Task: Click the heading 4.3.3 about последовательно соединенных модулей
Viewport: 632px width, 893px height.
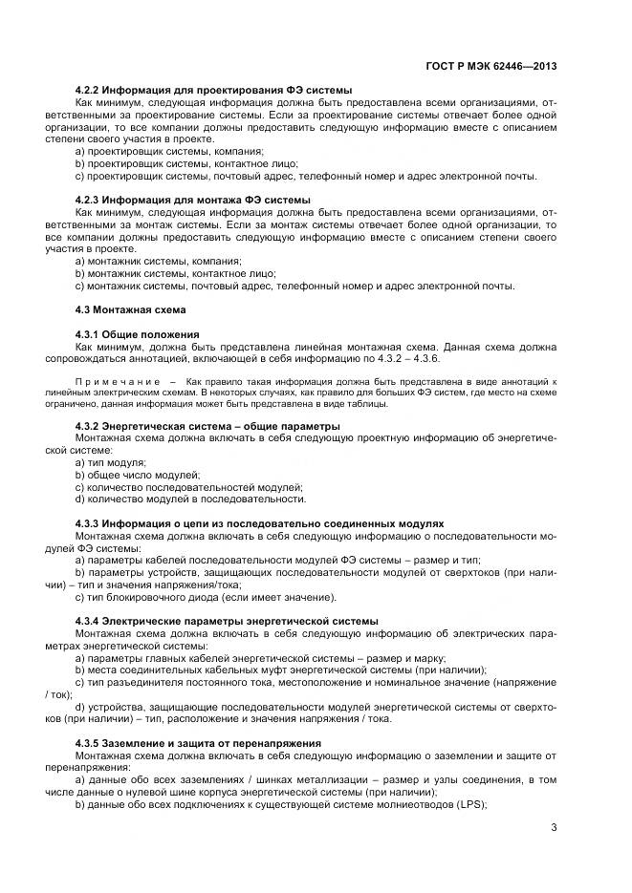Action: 259,524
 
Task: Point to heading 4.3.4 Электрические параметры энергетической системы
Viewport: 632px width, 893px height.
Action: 226,621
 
